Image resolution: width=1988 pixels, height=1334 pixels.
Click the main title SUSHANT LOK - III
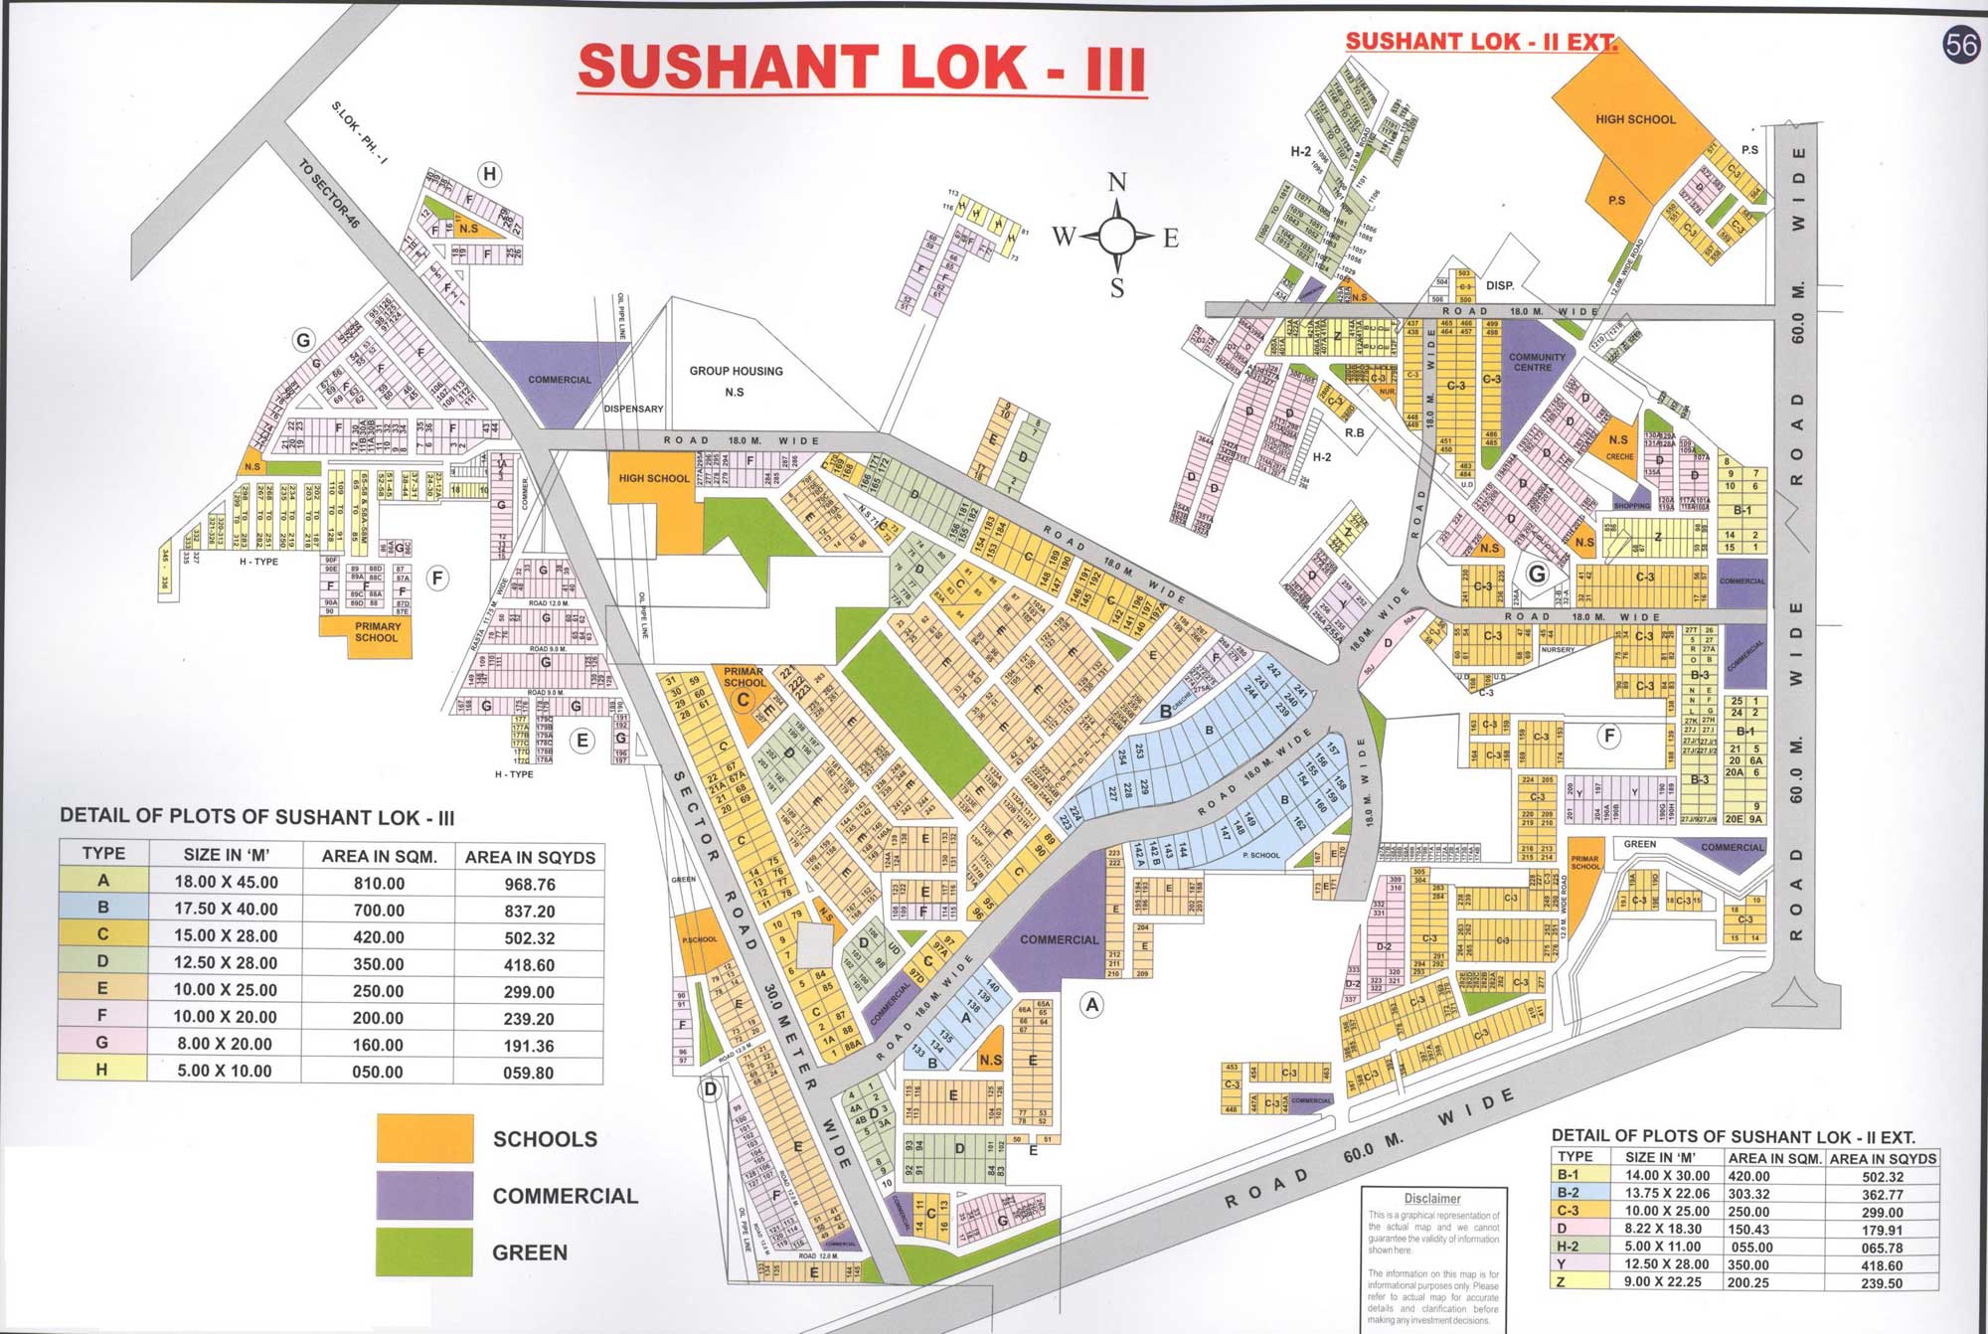click(862, 68)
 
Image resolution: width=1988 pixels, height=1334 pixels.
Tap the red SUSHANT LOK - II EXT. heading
click(1480, 42)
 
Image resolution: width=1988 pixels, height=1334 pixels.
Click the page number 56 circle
click(1962, 46)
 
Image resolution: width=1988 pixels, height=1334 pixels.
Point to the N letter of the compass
click(1117, 183)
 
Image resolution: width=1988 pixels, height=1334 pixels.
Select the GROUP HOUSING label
click(736, 371)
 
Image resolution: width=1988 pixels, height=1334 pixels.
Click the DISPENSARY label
click(633, 409)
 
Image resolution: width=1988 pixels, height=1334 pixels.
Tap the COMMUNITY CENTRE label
click(1536, 362)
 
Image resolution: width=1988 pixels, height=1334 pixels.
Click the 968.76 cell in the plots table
click(529, 884)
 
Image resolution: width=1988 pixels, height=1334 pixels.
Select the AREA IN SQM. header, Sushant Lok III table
click(379, 857)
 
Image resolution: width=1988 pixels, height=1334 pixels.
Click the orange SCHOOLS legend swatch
click(424, 1138)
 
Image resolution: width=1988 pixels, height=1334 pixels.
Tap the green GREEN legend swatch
click(424, 1251)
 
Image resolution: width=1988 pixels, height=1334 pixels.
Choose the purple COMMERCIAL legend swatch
click(424, 1195)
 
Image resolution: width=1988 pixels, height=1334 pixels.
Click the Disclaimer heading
click(1431, 1199)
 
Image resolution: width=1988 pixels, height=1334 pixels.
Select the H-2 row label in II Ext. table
click(1568, 1247)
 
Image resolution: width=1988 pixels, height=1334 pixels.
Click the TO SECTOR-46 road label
click(330, 194)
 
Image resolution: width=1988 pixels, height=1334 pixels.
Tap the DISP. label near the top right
click(1500, 285)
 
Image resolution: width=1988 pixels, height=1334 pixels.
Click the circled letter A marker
click(1092, 1005)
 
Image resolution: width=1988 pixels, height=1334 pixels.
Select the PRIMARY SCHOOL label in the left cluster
click(377, 632)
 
